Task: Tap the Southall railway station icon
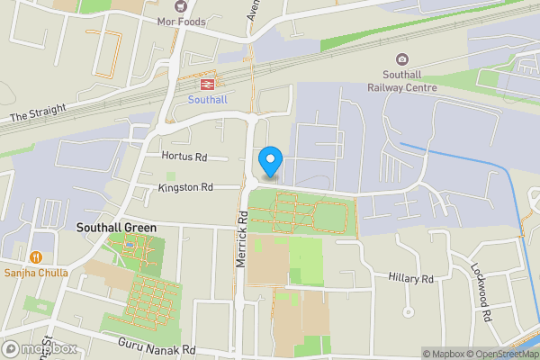(207, 84)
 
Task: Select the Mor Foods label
(182, 22)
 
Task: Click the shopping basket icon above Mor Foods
(182, 6)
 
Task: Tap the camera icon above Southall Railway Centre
(401, 59)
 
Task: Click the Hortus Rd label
(184, 157)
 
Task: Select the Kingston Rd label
(184, 188)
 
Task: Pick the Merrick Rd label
(242, 238)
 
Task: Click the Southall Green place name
(116, 228)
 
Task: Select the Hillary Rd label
(411, 279)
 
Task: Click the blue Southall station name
(207, 100)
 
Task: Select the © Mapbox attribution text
(442, 354)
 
